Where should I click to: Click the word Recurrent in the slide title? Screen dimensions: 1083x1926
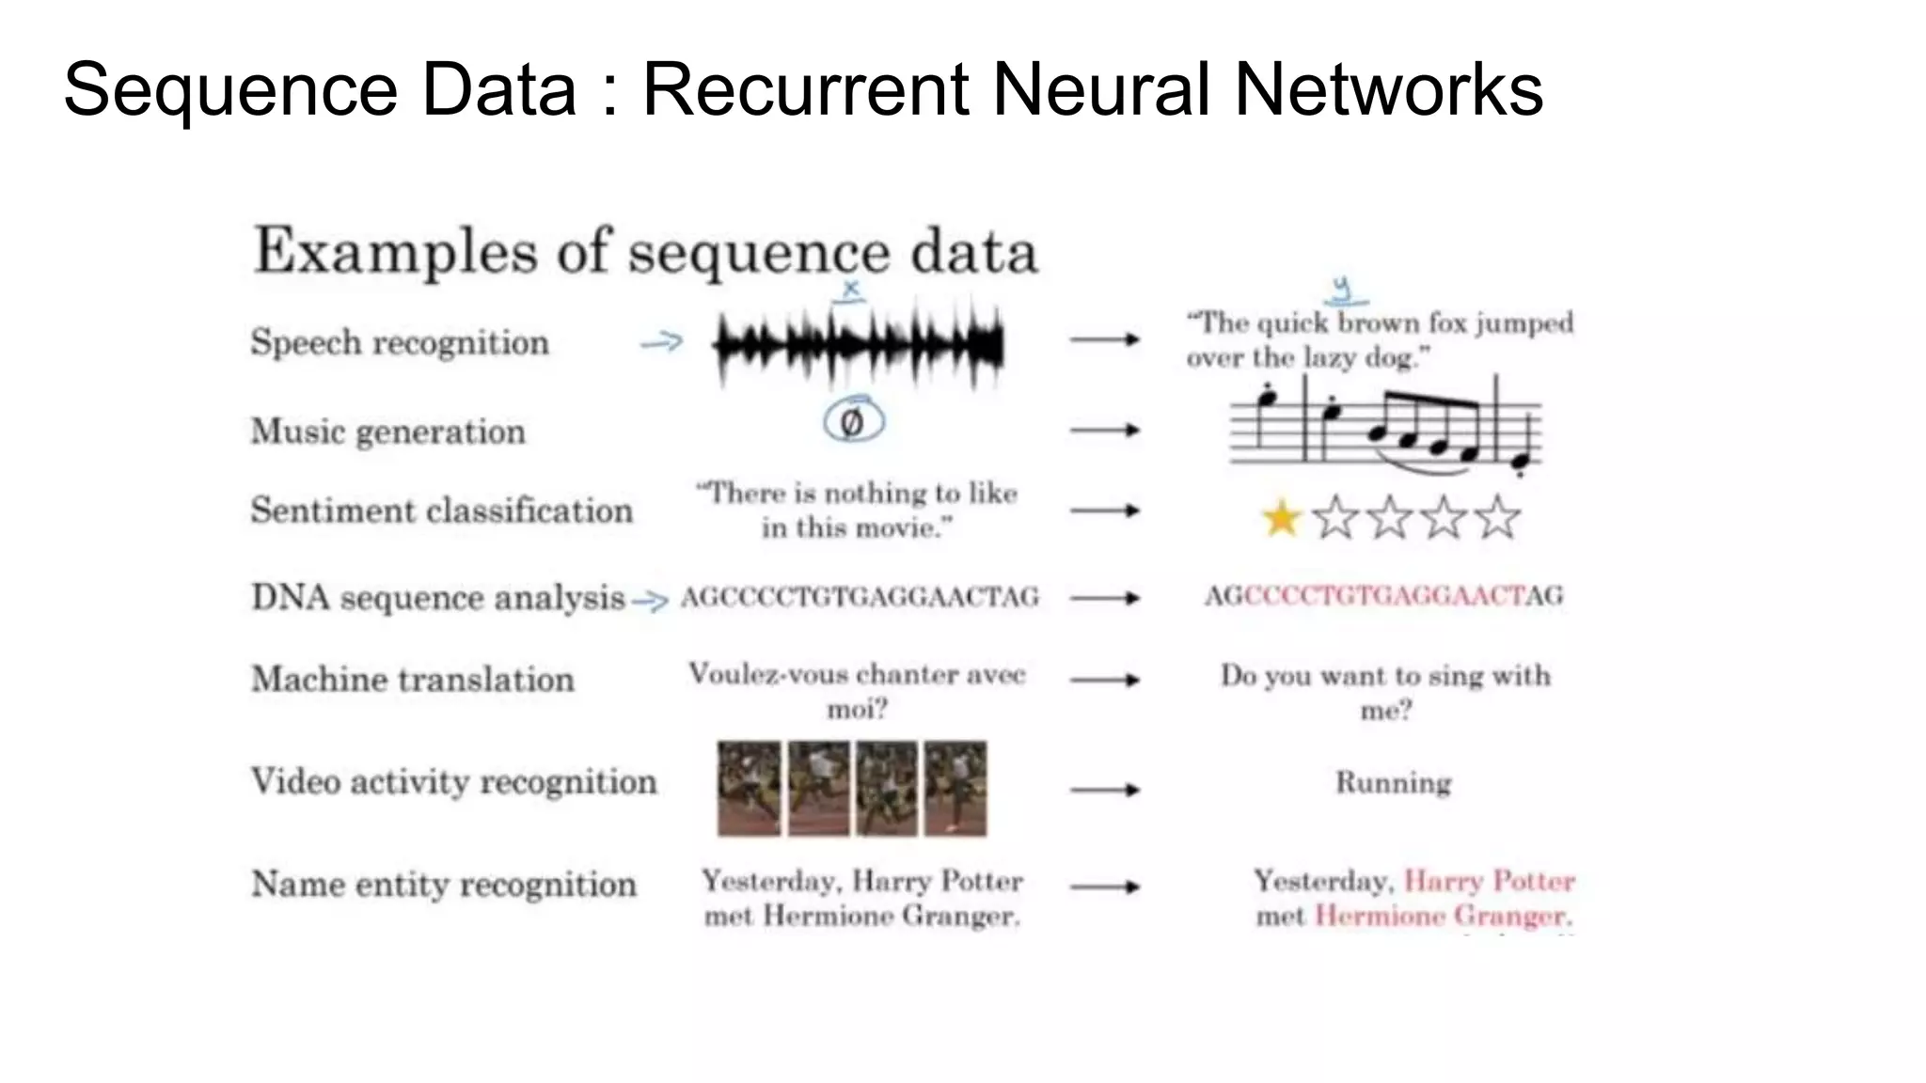pos(805,89)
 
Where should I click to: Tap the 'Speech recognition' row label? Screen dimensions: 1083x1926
pos(400,342)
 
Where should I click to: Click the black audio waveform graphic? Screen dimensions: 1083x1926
pos(858,346)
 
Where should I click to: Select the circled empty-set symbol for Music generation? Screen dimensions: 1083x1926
pos(853,421)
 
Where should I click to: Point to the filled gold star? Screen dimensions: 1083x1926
pos(1281,518)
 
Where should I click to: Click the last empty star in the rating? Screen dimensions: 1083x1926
pos(1497,518)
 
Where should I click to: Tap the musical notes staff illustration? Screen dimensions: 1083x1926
pos(1384,428)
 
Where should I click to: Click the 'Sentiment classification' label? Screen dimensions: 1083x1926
pos(441,510)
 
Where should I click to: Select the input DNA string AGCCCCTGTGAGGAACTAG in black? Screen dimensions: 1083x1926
pos(860,597)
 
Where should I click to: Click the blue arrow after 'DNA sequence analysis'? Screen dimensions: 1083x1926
pos(650,600)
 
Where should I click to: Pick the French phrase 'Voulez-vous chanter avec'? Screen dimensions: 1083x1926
pos(856,674)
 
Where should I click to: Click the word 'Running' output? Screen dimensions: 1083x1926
pos(1393,782)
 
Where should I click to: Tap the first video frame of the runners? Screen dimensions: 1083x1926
pos(749,789)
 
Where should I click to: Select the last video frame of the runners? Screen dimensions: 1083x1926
pos(955,789)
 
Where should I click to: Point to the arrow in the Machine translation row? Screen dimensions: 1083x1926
pos(1104,680)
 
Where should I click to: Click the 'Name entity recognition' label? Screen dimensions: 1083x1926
pos(443,885)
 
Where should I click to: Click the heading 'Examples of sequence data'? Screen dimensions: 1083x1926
pos(645,252)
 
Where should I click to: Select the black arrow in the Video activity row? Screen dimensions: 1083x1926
pos(1104,790)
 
